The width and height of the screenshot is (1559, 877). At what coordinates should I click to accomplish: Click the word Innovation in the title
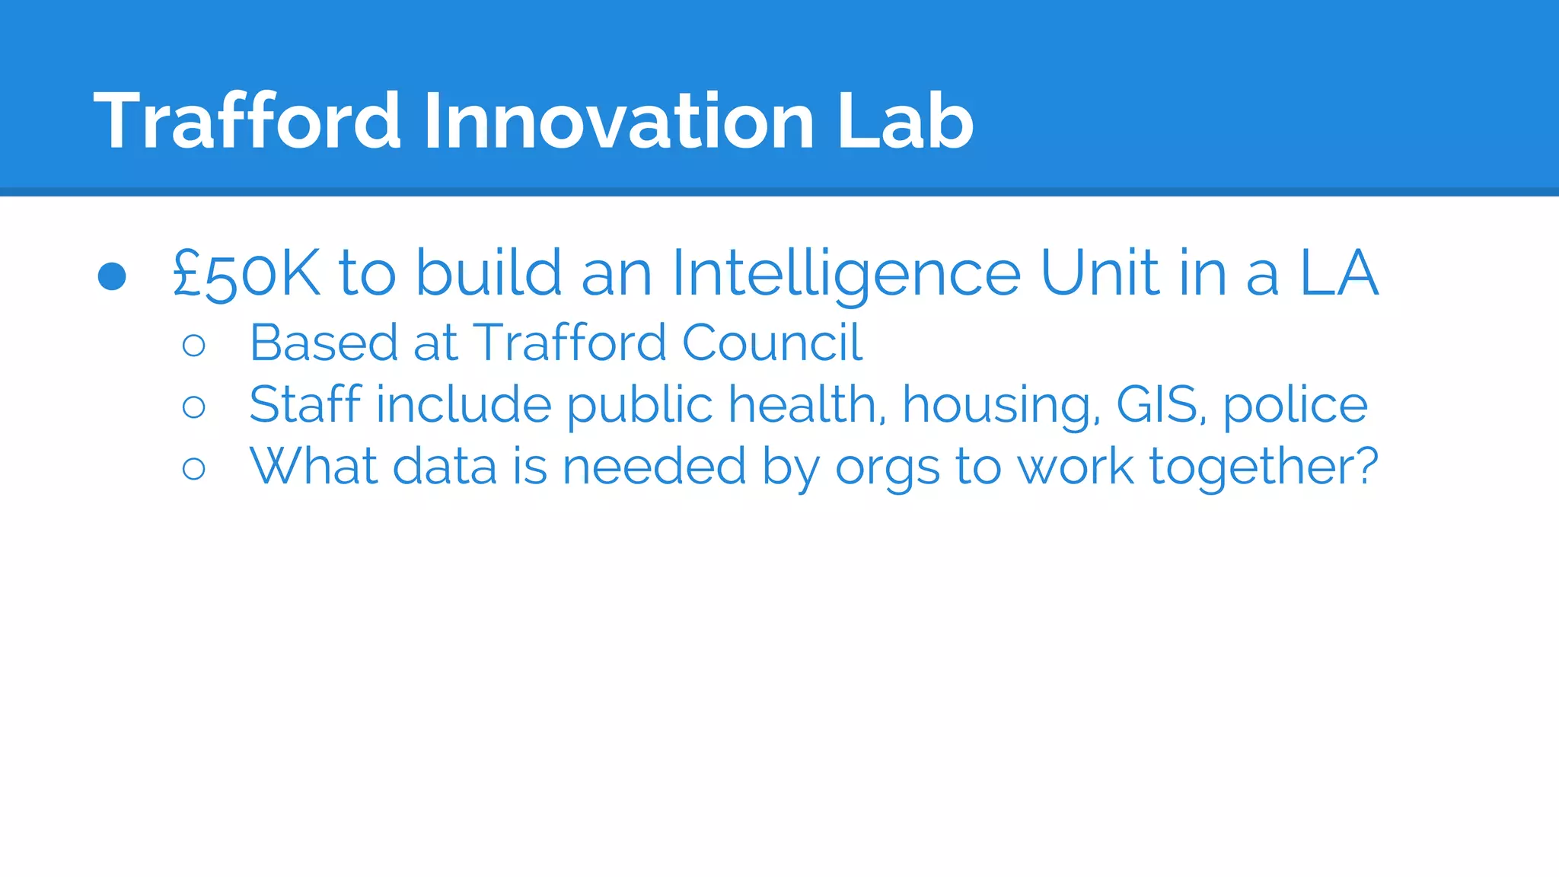point(619,121)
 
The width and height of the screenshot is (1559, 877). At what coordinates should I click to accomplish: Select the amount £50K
point(246,273)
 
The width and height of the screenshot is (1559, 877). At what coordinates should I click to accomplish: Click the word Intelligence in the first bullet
point(846,273)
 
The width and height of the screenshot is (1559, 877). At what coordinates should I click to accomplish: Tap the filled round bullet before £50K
point(112,276)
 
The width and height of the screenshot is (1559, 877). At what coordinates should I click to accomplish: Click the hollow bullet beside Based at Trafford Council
point(194,346)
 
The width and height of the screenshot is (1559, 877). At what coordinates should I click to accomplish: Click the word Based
point(323,343)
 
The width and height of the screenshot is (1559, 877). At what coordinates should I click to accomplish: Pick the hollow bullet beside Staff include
point(194,407)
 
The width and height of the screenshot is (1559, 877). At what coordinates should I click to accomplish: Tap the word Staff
point(304,404)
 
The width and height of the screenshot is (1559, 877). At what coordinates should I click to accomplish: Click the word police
point(1295,406)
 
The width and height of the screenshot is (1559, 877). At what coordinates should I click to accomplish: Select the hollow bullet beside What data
point(194,468)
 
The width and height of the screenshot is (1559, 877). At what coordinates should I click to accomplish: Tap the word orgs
point(887,467)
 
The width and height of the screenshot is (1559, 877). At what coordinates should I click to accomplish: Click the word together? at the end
point(1264,467)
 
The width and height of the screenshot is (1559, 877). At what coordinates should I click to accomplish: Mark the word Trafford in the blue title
point(247,121)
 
